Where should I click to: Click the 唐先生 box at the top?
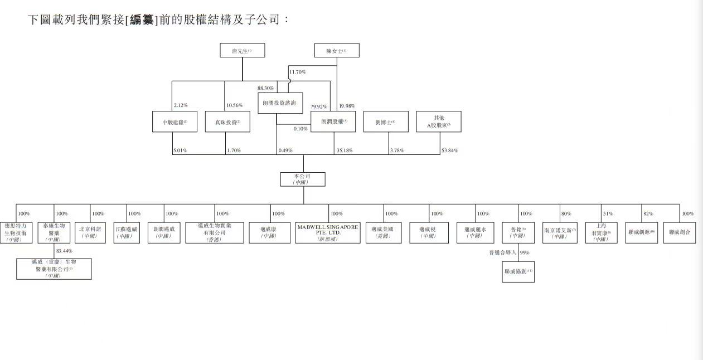click(242, 51)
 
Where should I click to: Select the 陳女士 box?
click(336, 51)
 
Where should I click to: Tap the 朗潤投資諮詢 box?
click(279, 103)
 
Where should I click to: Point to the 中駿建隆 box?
click(174, 121)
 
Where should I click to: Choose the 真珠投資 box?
click(227, 121)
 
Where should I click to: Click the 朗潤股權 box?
click(333, 121)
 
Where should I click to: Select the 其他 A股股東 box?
click(439, 121)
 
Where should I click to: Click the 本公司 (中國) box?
click(302, 179)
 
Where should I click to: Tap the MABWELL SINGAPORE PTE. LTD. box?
click(328, 233)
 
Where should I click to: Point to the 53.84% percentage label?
click(449, 150)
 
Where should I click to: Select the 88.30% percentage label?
click(265, 89)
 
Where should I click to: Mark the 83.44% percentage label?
click(64, 251)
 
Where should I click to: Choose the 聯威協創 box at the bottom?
click(518, 271)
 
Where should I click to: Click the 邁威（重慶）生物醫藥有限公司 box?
click(54, 269)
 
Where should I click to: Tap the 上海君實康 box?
click(601, 233)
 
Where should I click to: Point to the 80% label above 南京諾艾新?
click(566, 213)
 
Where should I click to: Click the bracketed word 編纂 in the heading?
click(142, 20)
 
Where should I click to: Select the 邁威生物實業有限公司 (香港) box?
click(215, 233)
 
